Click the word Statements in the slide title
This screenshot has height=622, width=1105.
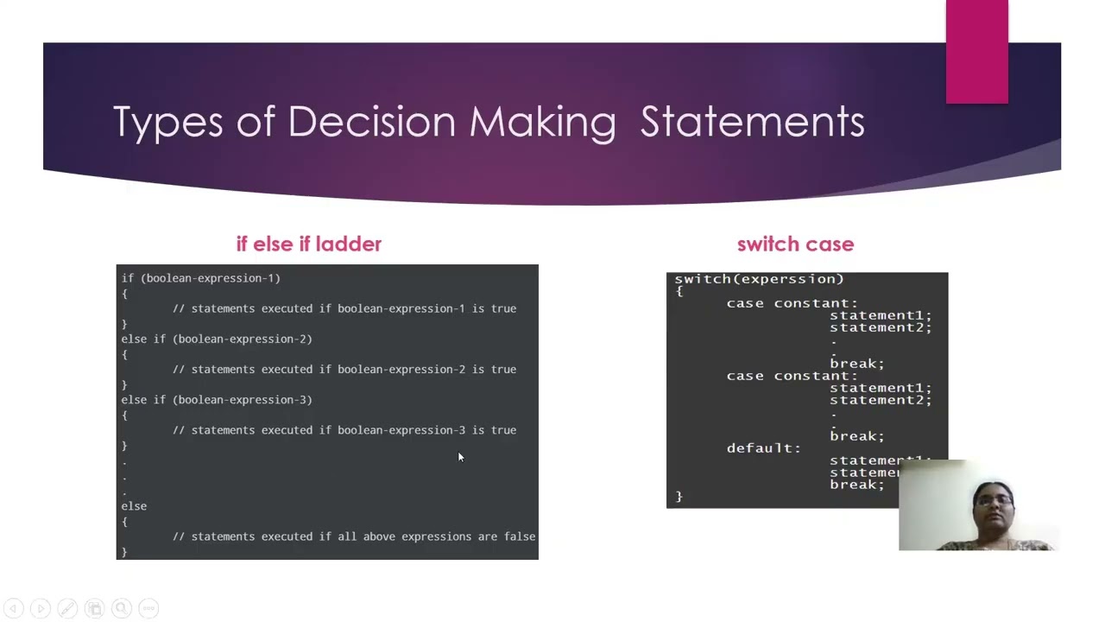click(x=752, y=122)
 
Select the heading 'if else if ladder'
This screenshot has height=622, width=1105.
click(x=308, y=244)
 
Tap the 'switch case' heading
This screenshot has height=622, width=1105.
click(x=795, y=244)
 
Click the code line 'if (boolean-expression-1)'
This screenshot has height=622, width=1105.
click(x=200, y=278)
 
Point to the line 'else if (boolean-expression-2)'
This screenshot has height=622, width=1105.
click(x=217, y=339)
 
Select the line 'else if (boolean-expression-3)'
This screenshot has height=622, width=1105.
click(x=217, y=400)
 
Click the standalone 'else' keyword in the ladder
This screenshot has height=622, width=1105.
click(x=134, y=506)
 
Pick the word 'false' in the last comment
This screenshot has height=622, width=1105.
click(x=520, y=536)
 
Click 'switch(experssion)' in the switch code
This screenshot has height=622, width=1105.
click(x=759, y=279)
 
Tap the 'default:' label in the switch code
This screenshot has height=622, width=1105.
click(x=763, y=448)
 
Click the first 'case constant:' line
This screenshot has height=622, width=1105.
click(x=792, y=303)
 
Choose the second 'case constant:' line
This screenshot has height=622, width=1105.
click(x=792, y=376)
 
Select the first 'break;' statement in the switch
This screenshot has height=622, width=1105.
click(x=856, y=364)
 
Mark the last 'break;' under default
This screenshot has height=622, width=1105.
click(x=856, y=485)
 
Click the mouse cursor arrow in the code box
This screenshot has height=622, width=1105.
click(x=460, y=457)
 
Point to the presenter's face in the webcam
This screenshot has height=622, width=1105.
click(x=993, y=504)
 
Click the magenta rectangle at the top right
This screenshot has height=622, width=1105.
click(x=976, y=52)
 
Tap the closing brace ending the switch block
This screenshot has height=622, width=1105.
click(x=679, y=497)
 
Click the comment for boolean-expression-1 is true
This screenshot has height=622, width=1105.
click(x=344, y=308)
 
